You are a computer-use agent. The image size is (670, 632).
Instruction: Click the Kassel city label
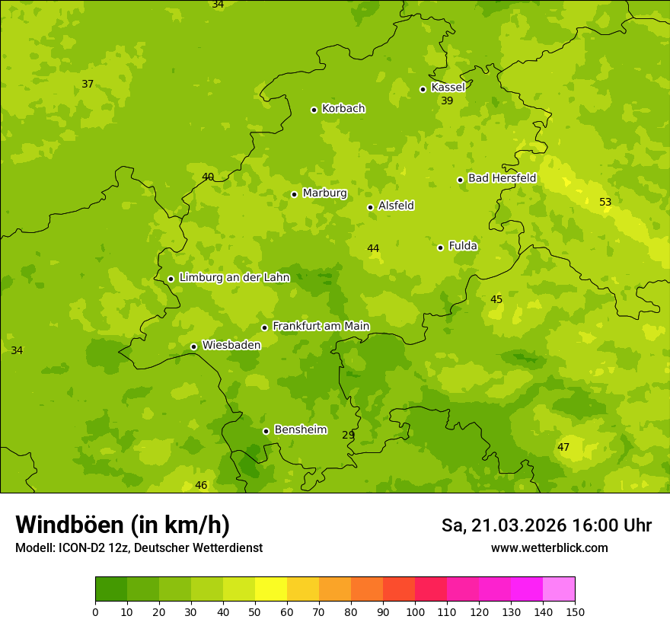(x=448, y=88)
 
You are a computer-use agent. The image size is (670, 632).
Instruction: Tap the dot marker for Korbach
(x=314, y=110)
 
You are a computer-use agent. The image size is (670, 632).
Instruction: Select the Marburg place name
(x=324, y=193)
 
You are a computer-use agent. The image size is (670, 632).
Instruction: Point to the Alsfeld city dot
(x=370, y=207)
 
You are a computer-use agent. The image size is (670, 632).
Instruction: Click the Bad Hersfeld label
(x=502, y=179)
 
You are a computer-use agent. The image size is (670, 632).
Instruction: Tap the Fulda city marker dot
(x=440, y=247)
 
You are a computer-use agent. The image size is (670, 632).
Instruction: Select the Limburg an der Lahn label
(x=234, y=278)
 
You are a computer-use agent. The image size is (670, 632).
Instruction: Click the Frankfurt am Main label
(x=321, y=327)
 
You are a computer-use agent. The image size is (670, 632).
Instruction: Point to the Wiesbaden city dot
(x=193, y=346)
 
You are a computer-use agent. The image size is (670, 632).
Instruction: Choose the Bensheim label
(x=300, y=430)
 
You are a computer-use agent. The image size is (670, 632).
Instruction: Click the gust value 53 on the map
(x=605, y=203)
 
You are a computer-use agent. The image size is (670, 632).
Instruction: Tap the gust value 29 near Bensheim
(x=348, y=436)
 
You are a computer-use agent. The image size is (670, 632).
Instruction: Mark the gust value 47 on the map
(x=563, y=448)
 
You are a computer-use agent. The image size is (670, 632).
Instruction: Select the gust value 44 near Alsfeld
(x=373, y=249)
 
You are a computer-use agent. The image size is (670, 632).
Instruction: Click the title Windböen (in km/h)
(x=123, y=525)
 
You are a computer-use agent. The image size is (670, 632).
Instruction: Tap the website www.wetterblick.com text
(x=549, y=548)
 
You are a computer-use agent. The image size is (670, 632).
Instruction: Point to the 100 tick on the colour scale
(x=415, y=611)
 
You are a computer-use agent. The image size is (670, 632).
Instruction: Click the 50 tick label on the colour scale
(x=255, y=611)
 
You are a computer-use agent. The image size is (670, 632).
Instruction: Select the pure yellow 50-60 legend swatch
(x=271, y=589)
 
